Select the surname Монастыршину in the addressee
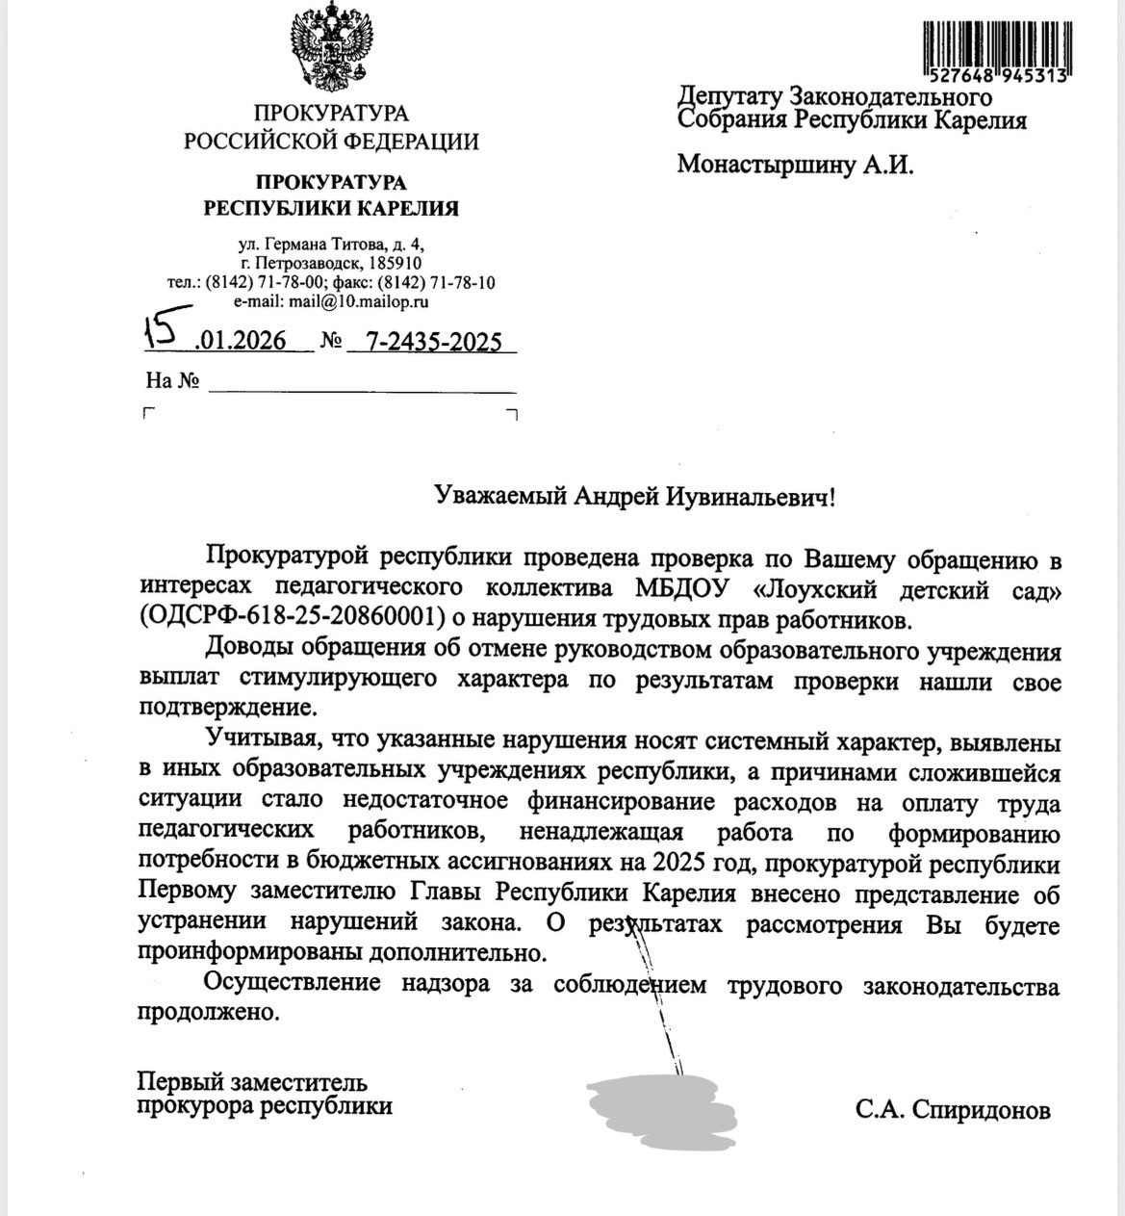click(x=767, y=165)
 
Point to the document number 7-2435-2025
click(x=434, y=342)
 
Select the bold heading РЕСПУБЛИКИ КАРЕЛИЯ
click(x=331, y=208)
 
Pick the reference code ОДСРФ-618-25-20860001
click(x=296, y=616)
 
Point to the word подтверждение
click(x=227, y=708)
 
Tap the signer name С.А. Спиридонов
click(x=952, y=1111)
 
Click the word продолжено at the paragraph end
click(x=209, y=1013)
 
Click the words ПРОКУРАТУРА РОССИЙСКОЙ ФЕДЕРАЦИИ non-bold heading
click(x=331, y=127)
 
